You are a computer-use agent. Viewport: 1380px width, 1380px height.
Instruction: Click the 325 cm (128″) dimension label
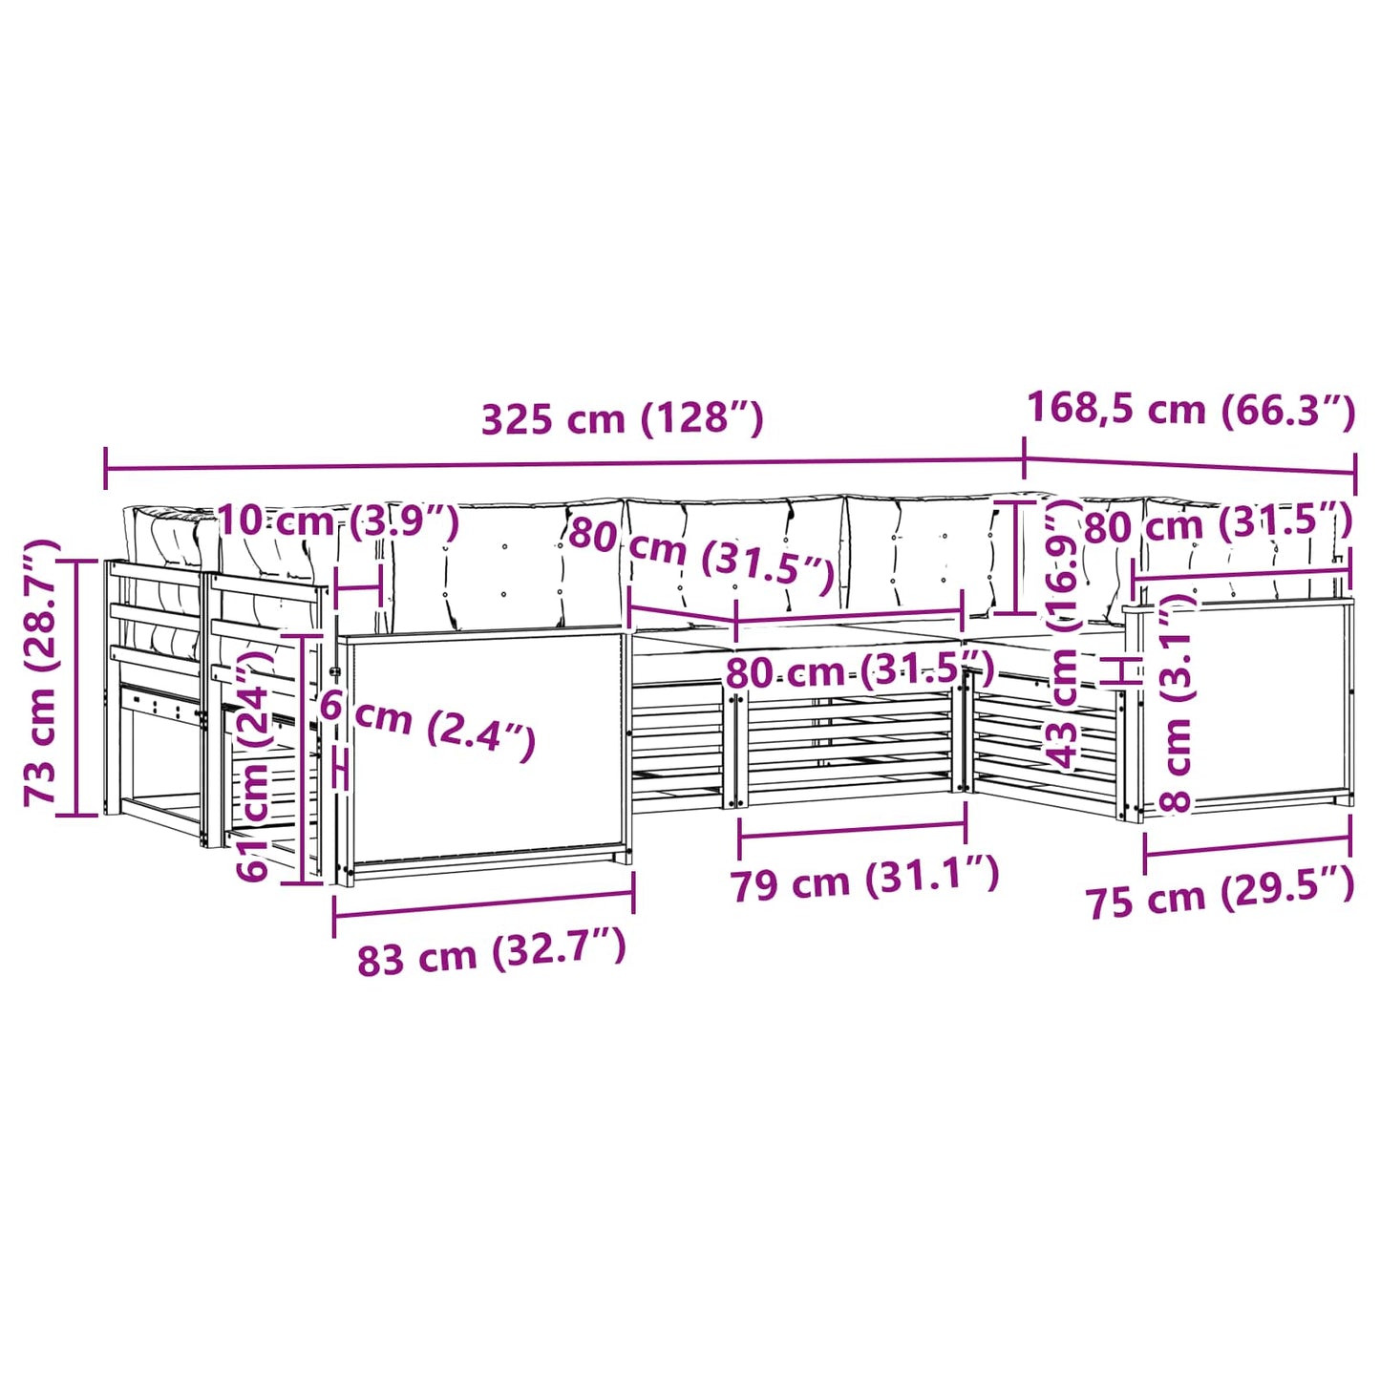(623, 419)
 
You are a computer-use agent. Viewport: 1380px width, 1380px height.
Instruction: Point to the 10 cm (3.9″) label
(338, 522)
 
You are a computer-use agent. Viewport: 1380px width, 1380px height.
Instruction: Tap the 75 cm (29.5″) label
(1220, 899)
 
